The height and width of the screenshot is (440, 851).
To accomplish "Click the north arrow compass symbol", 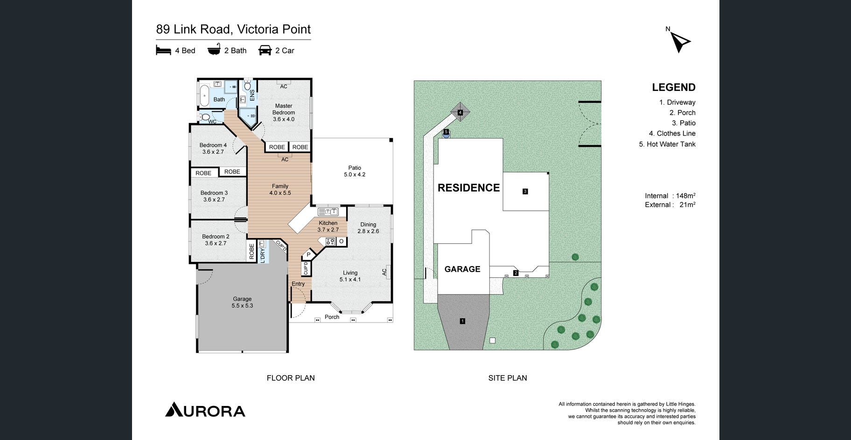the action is (x=680, y=41).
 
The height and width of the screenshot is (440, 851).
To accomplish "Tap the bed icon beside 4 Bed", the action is (x=163, y=50).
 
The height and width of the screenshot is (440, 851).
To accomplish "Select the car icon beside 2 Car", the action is (x=265, y=50).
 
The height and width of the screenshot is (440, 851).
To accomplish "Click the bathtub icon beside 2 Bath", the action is (x=214, y=50).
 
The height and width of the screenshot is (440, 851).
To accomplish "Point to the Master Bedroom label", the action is (x=284, y=112).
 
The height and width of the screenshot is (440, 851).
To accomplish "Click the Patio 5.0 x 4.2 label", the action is (x=355, y=171).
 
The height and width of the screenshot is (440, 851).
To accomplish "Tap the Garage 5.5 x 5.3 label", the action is (x=242, y=302).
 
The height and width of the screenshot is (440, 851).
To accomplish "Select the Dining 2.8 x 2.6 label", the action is (x=368, y=227).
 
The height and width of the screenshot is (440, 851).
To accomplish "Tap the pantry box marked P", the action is (x=308, y=255).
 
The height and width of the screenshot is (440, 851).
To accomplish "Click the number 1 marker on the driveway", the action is (x=462, y=321).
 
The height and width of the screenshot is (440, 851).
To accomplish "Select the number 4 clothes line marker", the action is (x=460, y=112).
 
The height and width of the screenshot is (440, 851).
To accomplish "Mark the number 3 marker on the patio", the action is (x=525, y=191).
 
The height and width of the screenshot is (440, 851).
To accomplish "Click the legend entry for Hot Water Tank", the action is (x=667, y=144).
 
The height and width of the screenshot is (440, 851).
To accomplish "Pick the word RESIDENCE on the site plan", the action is (x=468, y=188).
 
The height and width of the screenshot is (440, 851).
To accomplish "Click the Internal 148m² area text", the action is (x=670, y=196).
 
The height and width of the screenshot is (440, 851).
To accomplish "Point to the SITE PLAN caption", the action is (x=508, y=378).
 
